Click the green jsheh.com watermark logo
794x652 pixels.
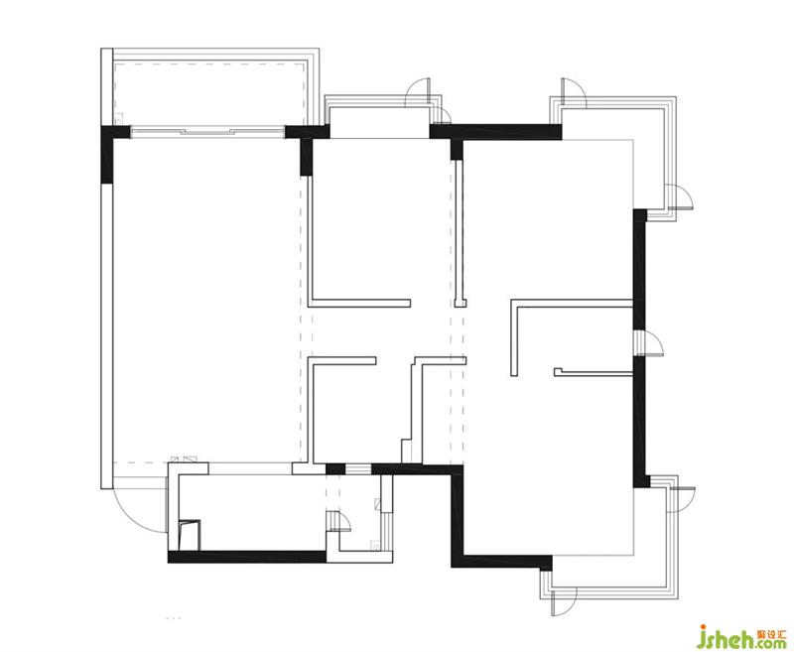[x=741, y=638]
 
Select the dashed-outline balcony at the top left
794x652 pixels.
[x=209, y=93]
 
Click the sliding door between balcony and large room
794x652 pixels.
[x=207, y=132]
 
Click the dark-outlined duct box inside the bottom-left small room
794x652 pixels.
[x=190, y=535]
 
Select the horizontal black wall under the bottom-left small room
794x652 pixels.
[x=247, y=557]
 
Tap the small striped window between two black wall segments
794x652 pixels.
[x=358, y=468]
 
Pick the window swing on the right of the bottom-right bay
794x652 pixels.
[x=684, y=498]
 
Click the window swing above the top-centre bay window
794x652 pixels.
[x=418, y=92]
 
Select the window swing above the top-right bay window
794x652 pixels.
[x=574, y=92]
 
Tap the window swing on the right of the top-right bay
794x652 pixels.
[x=681, y=196]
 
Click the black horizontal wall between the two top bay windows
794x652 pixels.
[x=495, y=132]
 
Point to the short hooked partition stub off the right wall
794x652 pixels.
[x=594, y=372]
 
